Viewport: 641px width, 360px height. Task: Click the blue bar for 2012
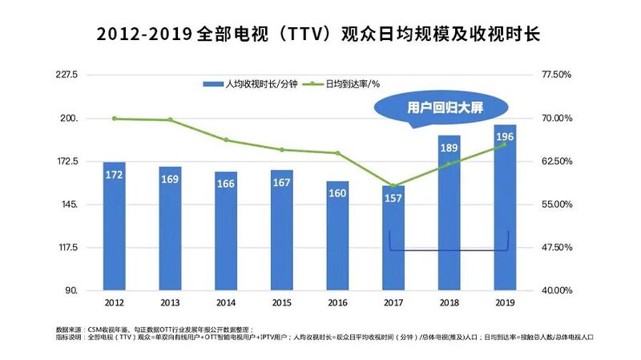(x=114, y=233)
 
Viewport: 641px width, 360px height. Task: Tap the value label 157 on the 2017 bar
(x=393, y=198)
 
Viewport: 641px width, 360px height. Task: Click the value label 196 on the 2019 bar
(x=505, y=137)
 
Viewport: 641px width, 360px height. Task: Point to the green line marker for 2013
(x=170, y=120)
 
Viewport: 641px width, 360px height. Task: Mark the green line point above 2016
(x=337, y=153)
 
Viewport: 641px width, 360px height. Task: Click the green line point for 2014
(x=226, y=140)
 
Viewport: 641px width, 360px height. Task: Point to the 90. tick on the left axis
(x=71, y=290)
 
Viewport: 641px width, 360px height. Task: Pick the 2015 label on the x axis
(x=281, y=302)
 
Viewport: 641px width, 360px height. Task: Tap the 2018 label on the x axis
(x=449, y=302)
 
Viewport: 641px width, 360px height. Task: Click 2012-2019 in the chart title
(x=143, y=35)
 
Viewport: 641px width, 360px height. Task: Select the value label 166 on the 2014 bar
(x=226, y=184)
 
